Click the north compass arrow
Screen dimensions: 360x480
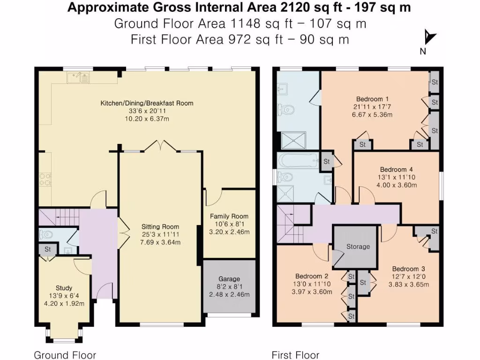coord(429,38)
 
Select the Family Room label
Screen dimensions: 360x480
coord(229,216)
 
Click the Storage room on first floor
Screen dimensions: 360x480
coord(358,247)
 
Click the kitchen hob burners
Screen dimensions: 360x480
coord(45,179)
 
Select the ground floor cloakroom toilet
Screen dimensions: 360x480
coord(46,234)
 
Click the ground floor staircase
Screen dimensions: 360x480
coord(59,217)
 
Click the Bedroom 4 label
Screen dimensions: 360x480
coord(396,169)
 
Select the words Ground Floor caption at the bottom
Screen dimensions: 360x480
coord(65,355)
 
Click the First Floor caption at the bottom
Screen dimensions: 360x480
coord(295,355)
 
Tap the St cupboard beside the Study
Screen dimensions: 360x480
coord(47,249)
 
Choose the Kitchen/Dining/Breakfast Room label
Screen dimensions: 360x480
coord(146,103)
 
